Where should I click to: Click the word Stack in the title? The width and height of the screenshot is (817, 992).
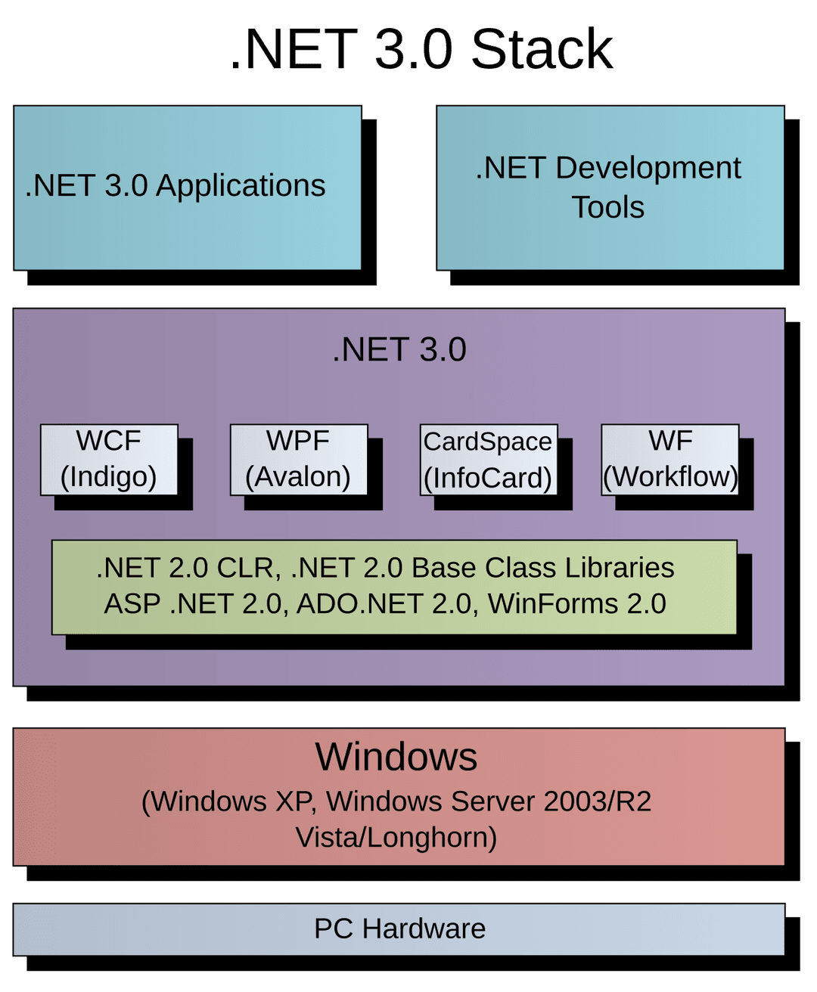click(x=542, y=50)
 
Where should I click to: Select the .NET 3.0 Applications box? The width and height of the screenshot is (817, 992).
click(x=187, y=188)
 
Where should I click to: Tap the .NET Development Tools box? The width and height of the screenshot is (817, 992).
click(x=610, y=188)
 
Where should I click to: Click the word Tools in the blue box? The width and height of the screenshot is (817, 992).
click(x=607, y=207)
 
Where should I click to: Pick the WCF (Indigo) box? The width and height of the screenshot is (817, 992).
click(x=109, y=459)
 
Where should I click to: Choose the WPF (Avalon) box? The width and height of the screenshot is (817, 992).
click(x=298, y=459)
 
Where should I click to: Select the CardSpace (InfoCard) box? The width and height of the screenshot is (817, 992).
click(x=488, y=460)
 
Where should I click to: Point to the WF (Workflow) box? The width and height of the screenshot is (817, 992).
click(x=670, y=459)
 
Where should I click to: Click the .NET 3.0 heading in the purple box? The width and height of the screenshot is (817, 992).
click(x=399, y=350)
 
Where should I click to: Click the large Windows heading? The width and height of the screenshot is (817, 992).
click(x=396, y=757)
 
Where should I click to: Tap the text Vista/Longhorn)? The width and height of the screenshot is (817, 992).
click(x=396, y=838)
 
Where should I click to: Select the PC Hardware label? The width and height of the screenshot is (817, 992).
click(x=399, y=928)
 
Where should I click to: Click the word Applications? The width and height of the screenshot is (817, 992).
click(x=241, y=186)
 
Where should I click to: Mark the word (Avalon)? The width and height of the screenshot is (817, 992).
click(x=298, y=477)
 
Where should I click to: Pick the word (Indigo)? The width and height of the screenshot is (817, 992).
click(x=109, y=477)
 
